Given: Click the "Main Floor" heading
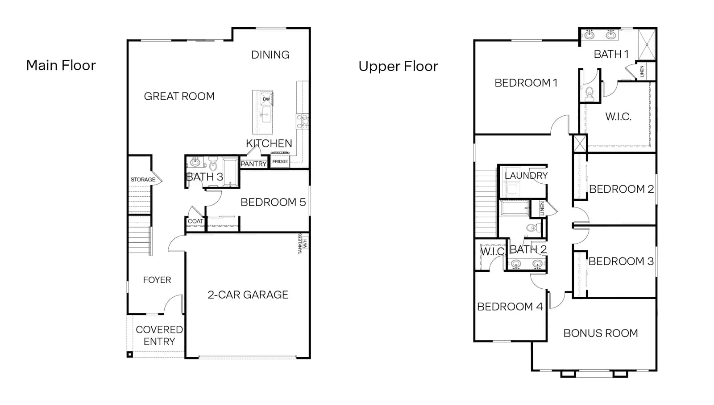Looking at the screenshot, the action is click(x=61, y=65).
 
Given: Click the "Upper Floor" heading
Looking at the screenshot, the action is click(x=398, y=67).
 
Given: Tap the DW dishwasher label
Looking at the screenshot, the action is click(x=266, y=99).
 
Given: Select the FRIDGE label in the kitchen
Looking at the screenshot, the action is click(x=280, y=162).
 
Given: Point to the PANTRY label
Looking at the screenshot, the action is click(x=253, y=164).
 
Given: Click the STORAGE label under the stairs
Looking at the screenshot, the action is click(x=143, y=180).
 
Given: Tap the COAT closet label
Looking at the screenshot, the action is click(x=195, y=221).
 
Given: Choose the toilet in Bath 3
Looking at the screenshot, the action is click(x=213, y=164).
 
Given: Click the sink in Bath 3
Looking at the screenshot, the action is click(x=195, y=163).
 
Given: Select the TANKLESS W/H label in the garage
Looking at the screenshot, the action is click(x=303, y=244).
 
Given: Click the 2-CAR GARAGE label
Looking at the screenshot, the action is click(x=248, y=295).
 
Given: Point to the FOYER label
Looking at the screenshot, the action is click(x=157, y=280).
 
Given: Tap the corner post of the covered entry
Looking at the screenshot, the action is click(x=130, y=354).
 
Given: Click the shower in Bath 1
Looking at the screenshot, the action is click(x=647, y=44).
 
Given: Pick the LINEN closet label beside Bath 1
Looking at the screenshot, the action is click(x=642, y=71).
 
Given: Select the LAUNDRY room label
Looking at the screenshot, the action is click(x=526, y=175).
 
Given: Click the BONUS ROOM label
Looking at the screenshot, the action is click(x=601, y=333).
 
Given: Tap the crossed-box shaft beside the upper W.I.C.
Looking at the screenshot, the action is click(x=580, y=144).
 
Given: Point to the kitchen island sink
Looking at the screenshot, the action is click(x=266, y=115).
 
